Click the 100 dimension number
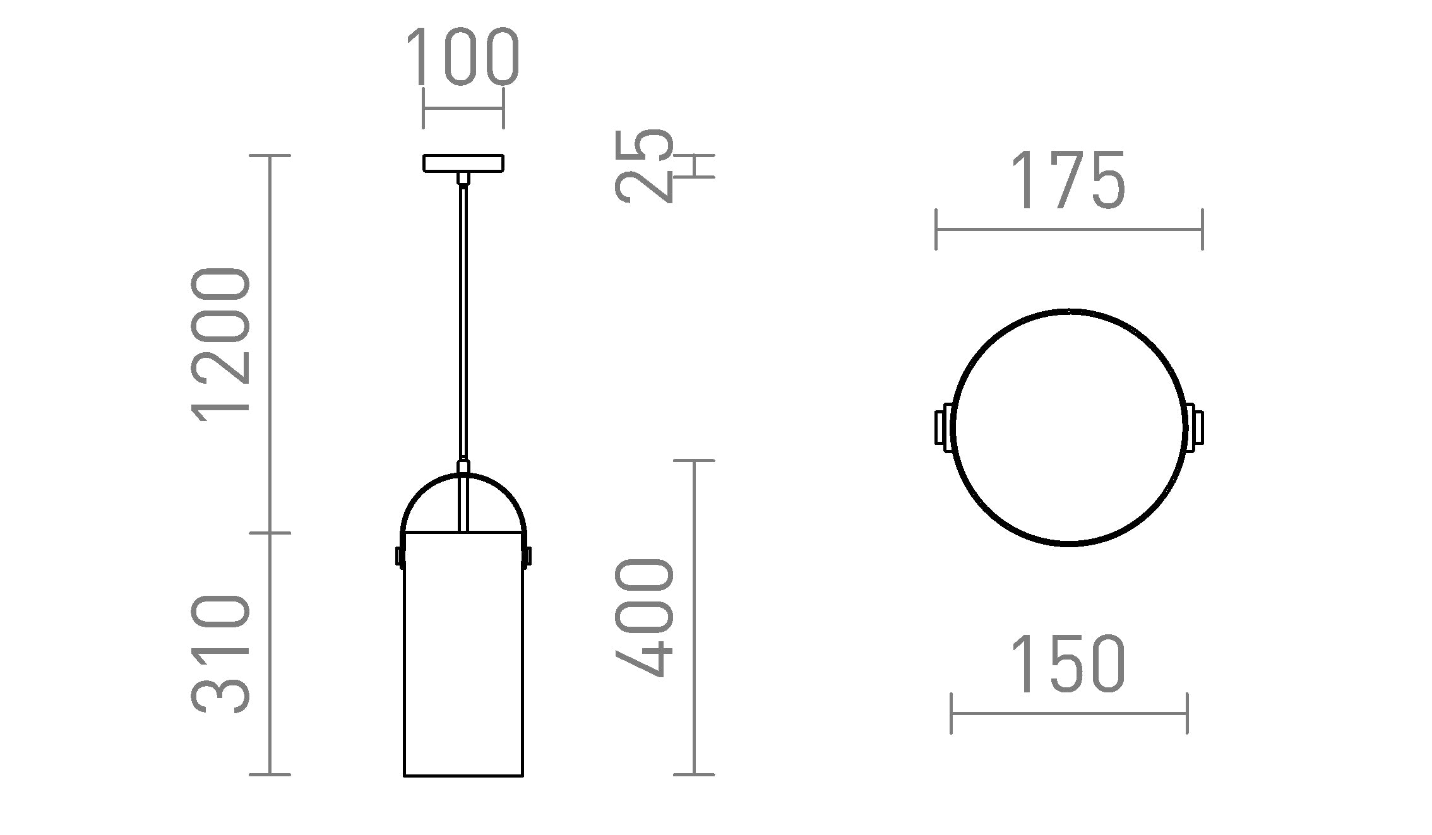tap(462, 57)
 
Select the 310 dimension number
tap(221, 654)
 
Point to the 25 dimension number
tap(643, 165)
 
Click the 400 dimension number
tap(645, 617)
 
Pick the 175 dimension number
tap(1068, 181)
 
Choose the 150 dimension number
tap(1068, 664)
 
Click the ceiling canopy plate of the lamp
tap(463, 163)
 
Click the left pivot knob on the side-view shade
tap(399, 556)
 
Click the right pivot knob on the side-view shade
tap(528, 556)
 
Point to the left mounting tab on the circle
tap(941, 428)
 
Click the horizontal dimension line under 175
tap(1068, 230)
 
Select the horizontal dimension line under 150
tap(1068, 714)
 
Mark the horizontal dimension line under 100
tap(463, 108)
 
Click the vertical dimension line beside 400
tap(695, 617)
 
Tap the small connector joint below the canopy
tap(463, 178)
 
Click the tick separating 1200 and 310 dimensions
tap(270, 533)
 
